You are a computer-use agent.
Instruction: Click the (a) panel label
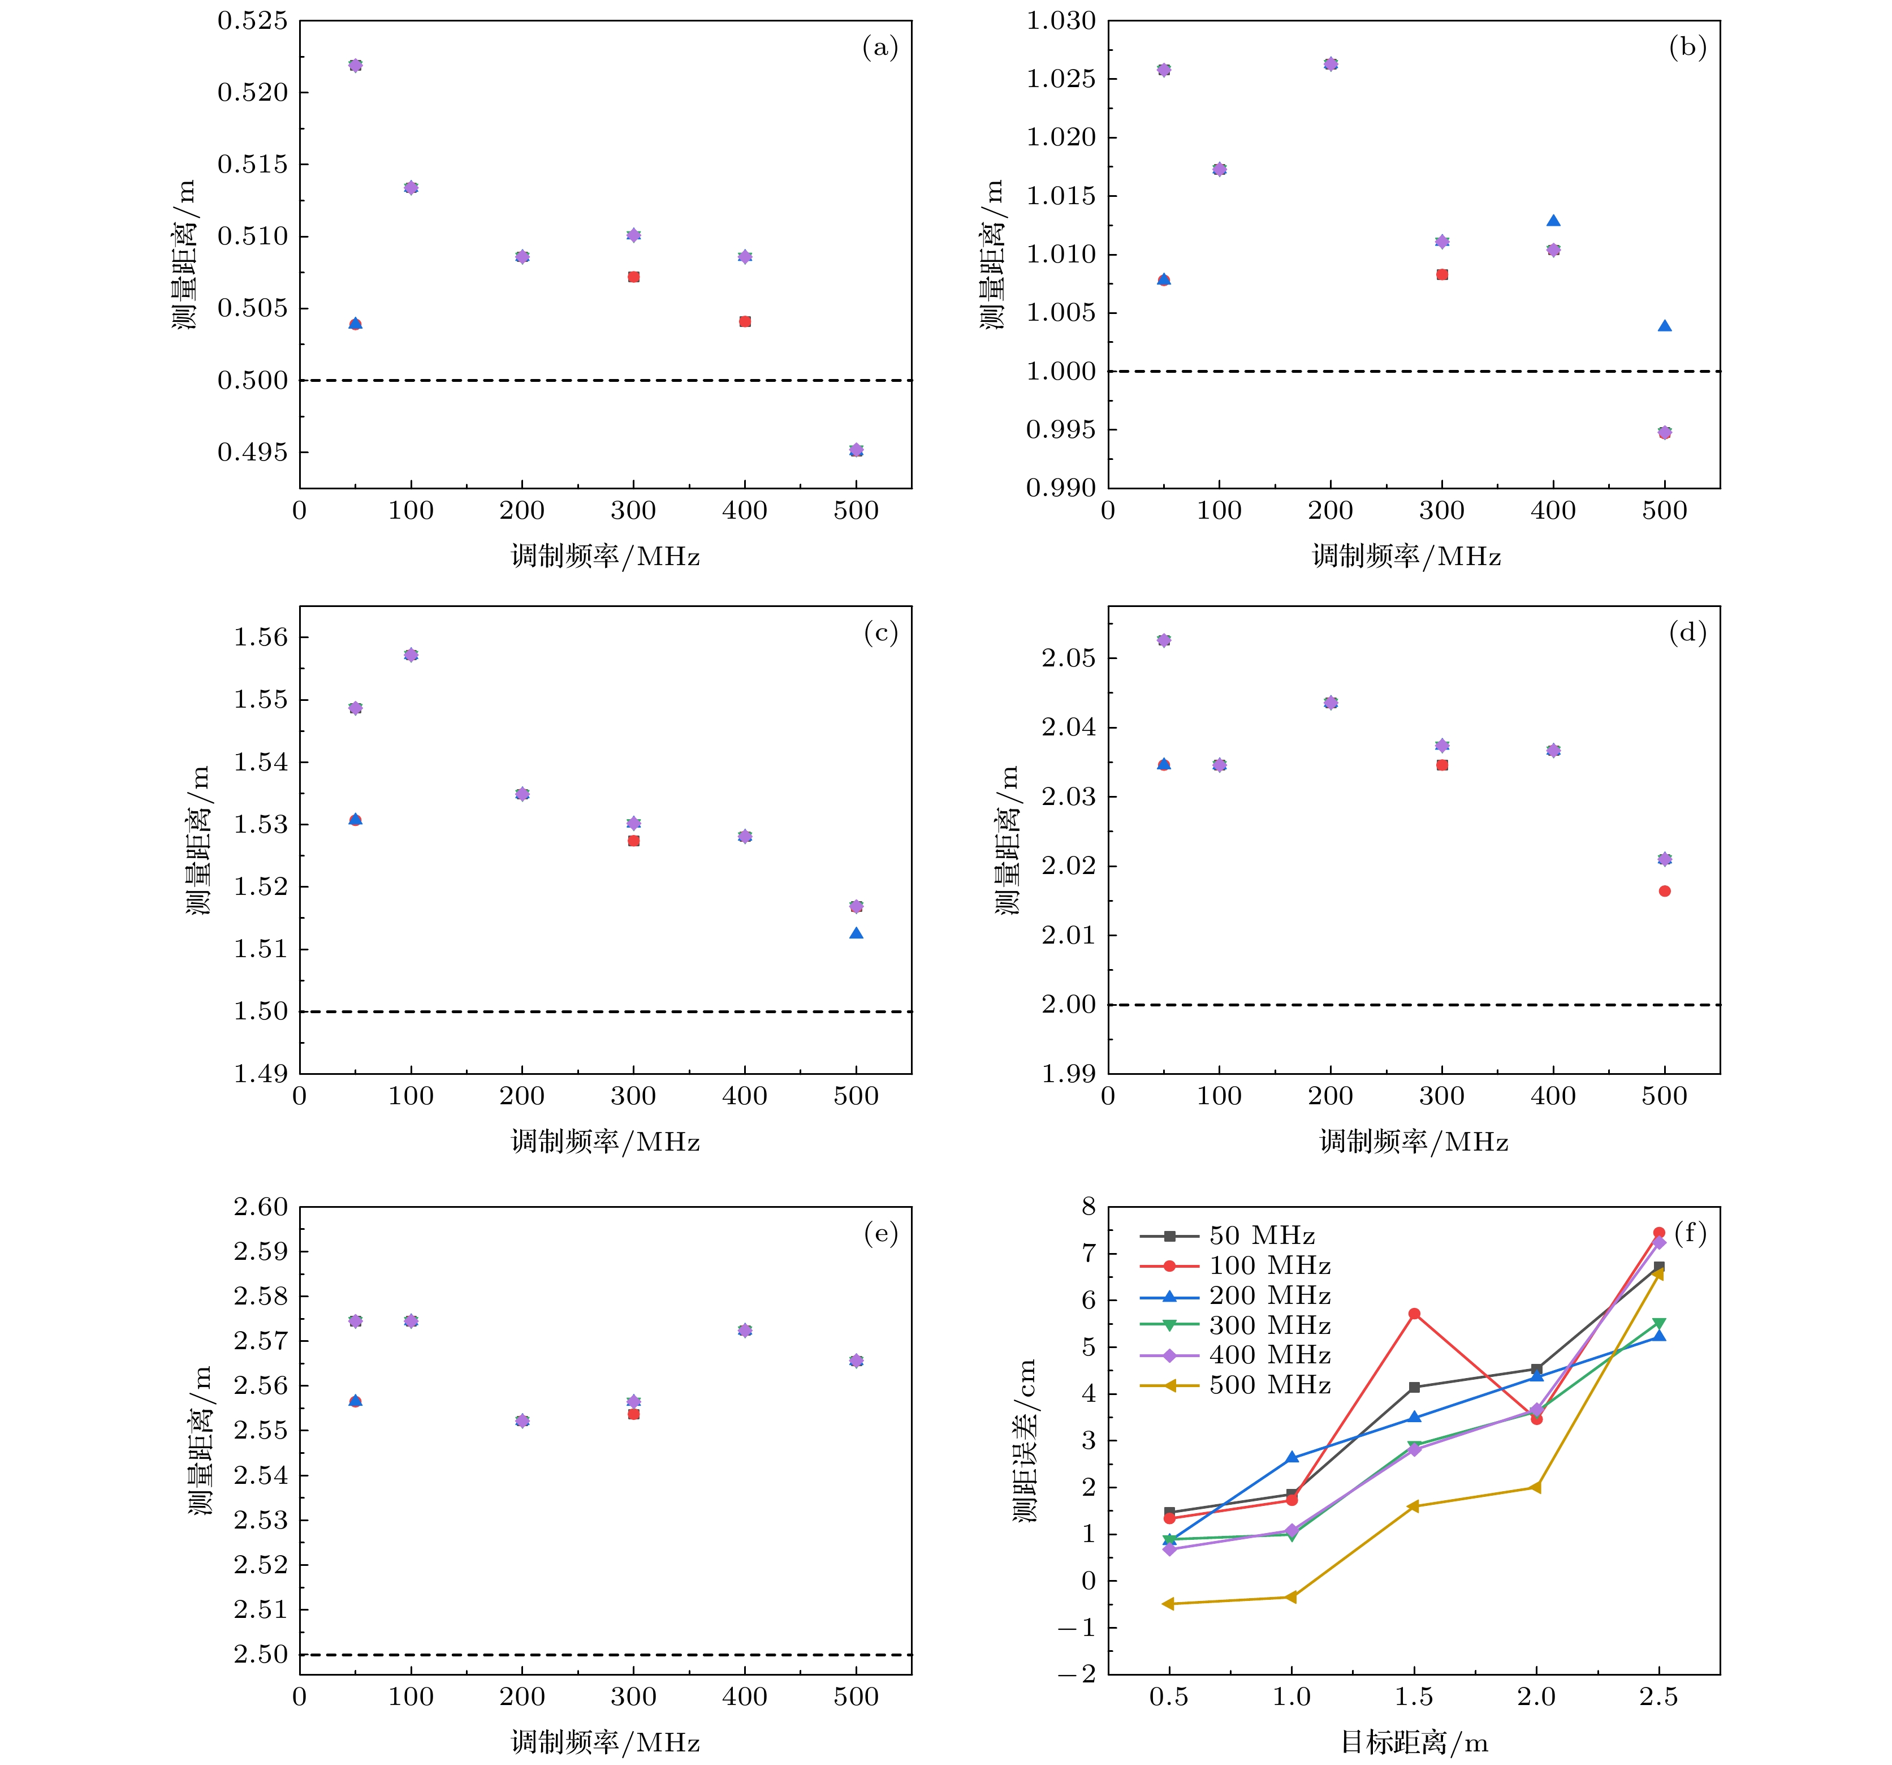coord(879,48)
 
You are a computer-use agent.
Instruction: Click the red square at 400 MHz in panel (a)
coord(745,322)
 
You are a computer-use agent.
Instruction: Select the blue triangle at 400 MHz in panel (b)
coord(1553,221)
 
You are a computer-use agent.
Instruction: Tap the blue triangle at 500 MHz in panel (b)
coord(1665,326)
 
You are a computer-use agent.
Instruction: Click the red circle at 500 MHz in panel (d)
coord(1665,891)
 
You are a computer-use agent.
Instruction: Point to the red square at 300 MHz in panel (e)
coord(634,1415)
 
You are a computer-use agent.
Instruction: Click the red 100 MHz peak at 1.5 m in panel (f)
coord(1414,1314)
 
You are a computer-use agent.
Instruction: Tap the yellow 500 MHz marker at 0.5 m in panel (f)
coord(1169,1604)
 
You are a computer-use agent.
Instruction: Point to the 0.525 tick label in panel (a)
coord(252,21)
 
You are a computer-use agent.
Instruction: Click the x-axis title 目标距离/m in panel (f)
coord(1414,1742)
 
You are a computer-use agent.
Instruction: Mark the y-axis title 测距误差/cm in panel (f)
coord(1024,1440)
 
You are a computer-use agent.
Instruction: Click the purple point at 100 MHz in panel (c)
coord(411,655)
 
